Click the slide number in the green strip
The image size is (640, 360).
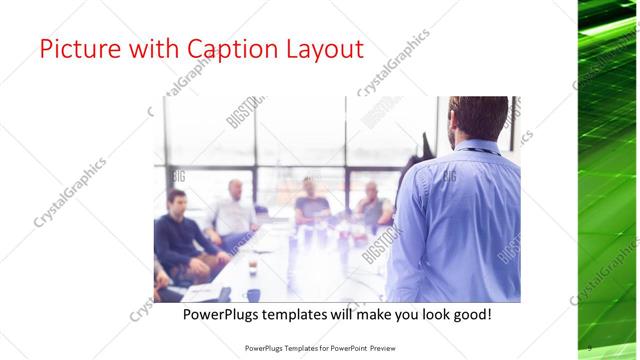590,347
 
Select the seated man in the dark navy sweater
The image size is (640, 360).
178,235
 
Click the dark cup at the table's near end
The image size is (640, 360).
253,294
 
